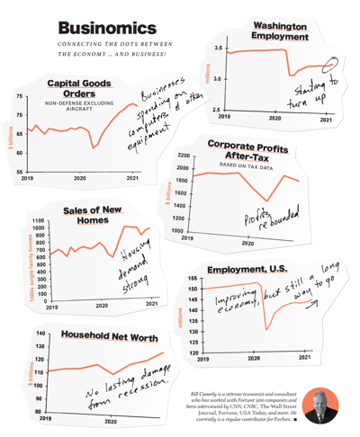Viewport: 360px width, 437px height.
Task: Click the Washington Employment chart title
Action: [x=284, y=31]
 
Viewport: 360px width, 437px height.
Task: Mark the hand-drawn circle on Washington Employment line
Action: [x=329, y=64]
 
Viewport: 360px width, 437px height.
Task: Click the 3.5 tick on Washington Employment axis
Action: [x=219, y=48]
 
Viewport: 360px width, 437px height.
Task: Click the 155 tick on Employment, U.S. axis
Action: [x=192, y=280]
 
